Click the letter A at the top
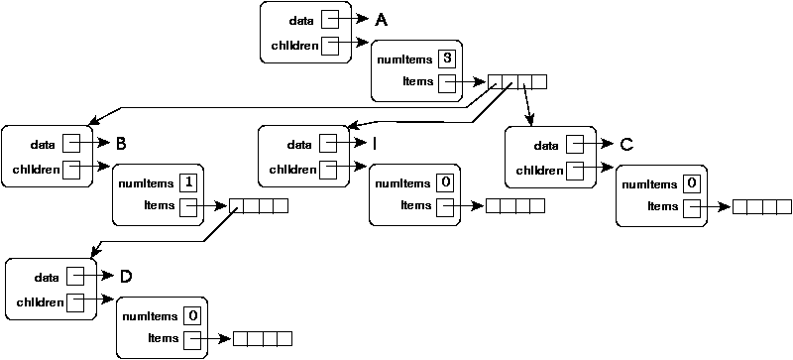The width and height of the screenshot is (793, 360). point(381,19)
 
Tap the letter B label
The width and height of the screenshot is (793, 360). point(121,143)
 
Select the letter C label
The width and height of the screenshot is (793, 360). point(625,145)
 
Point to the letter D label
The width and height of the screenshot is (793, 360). point(125,276)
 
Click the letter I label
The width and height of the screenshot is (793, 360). point(376,144)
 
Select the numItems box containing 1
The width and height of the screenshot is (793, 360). point(187,182)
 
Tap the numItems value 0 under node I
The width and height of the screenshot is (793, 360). point(445,182)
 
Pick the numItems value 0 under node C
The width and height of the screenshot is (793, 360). point(692,182)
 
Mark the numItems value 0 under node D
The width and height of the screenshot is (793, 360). point(192,315)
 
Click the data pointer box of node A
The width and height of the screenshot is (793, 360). point(331,20)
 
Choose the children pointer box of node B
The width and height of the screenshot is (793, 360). point(71,169)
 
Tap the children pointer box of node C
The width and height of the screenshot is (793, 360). point(575,170)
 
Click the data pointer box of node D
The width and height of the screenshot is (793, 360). point(75,276)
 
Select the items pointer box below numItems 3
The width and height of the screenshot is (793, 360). point(447,82)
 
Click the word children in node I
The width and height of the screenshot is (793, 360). point(292,169)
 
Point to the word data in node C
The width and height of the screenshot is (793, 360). point(546,145)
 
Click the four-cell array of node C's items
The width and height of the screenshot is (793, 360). point(761,206)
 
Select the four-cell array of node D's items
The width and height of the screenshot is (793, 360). point(262,339)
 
